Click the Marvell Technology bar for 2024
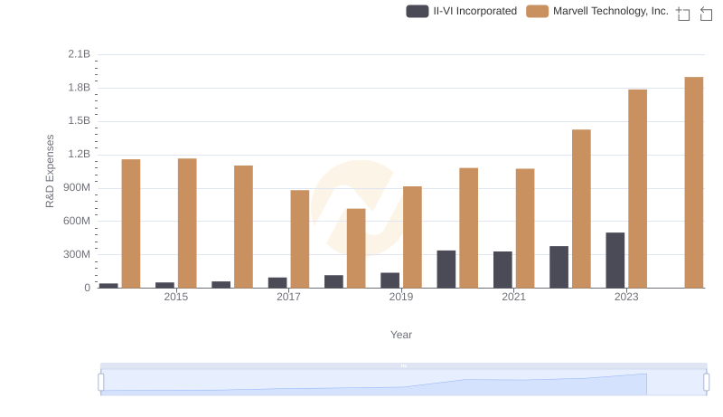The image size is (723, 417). (x=694, y=183)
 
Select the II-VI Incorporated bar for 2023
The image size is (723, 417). (x=615, y=261)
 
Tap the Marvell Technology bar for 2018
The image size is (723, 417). (x=356, y=249)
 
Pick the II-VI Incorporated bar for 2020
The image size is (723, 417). (x=446, y=270)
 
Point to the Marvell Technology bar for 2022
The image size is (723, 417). (x=581, y=209)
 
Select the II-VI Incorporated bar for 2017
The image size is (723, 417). (x=277, y=282)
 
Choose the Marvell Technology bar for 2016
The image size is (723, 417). (x=243, y=227)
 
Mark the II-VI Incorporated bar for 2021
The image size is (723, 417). (x=502, y=270)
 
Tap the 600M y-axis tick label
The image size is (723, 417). (x=76, y=221)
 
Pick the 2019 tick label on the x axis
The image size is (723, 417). (x=401, y=297)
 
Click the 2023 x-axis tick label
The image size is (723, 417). (x=626, y=297)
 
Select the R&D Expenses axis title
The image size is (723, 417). (x=51, y=171)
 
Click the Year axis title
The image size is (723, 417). (x=401, y=335)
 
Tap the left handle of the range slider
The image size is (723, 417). (x=101, y=382)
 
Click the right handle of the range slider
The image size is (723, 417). (x=707, y=382)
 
